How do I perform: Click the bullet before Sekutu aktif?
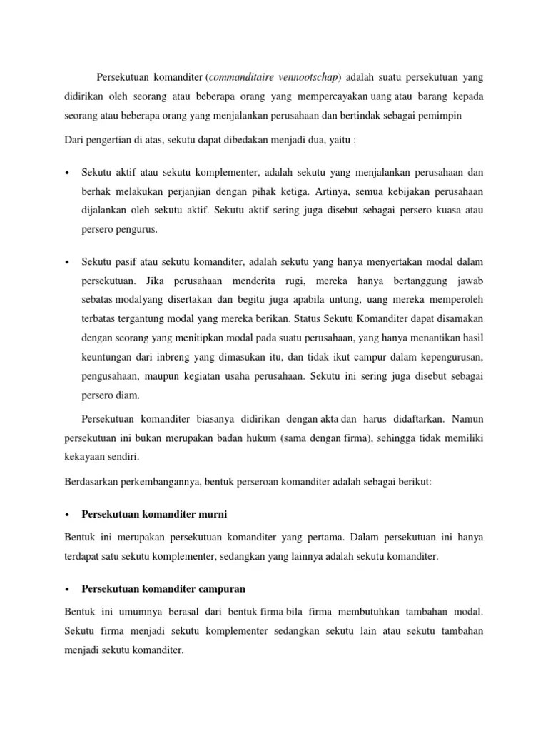pyautogui.click(x=66, y=173)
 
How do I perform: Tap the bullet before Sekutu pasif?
pyautogui.click(x=66, y=262)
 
